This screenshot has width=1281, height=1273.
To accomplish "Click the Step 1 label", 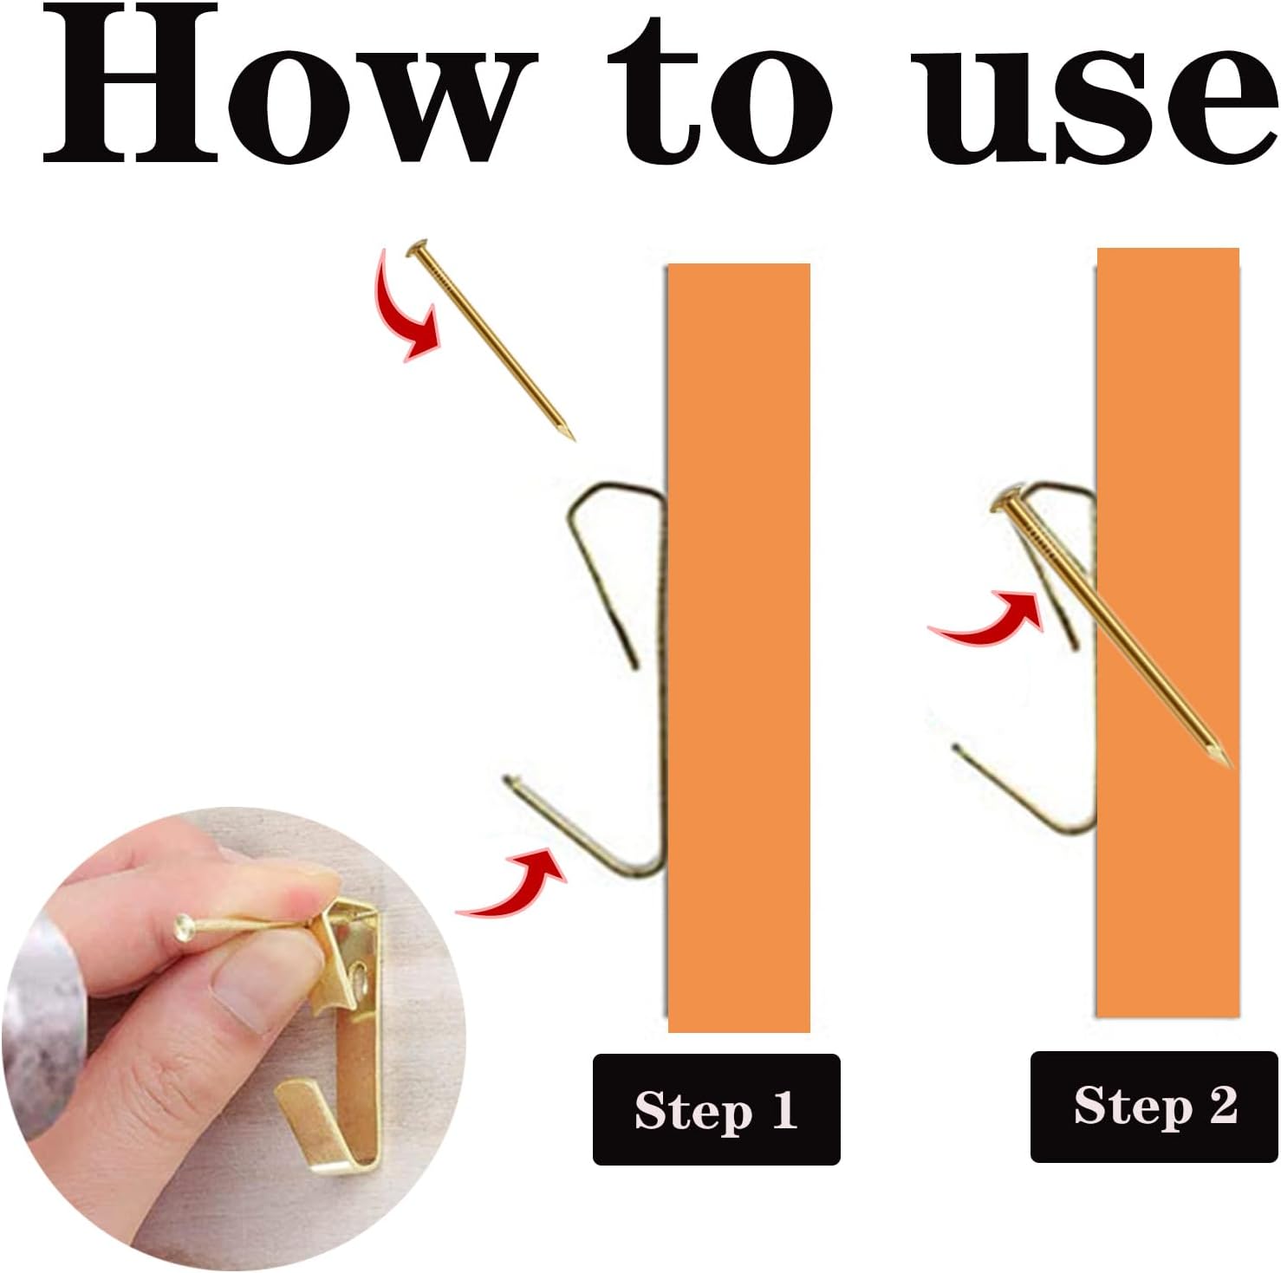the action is (x=716, y=1109).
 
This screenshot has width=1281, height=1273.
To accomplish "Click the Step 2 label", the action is (x=1154, y=1107).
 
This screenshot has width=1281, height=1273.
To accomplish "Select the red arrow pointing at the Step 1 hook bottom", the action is (x=516, y=884).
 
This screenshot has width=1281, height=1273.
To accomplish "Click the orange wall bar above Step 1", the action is (x=738, y=647).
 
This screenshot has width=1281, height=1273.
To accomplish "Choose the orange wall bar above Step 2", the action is (x=1168, y=633).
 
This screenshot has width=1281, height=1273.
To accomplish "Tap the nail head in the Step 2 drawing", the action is (x=1006, y=503).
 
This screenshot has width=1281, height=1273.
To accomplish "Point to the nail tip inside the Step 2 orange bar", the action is (x=1222, y=759).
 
